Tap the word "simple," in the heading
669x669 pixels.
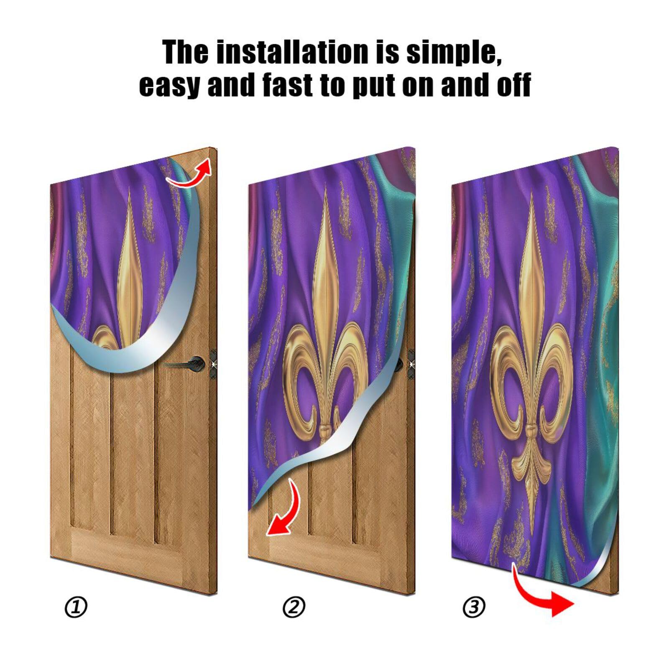(454, 53)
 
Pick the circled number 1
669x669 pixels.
(76, 607)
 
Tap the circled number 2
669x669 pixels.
(294, 607)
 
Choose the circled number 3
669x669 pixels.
(474, 607)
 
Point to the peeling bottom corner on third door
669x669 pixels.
(594, 577)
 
